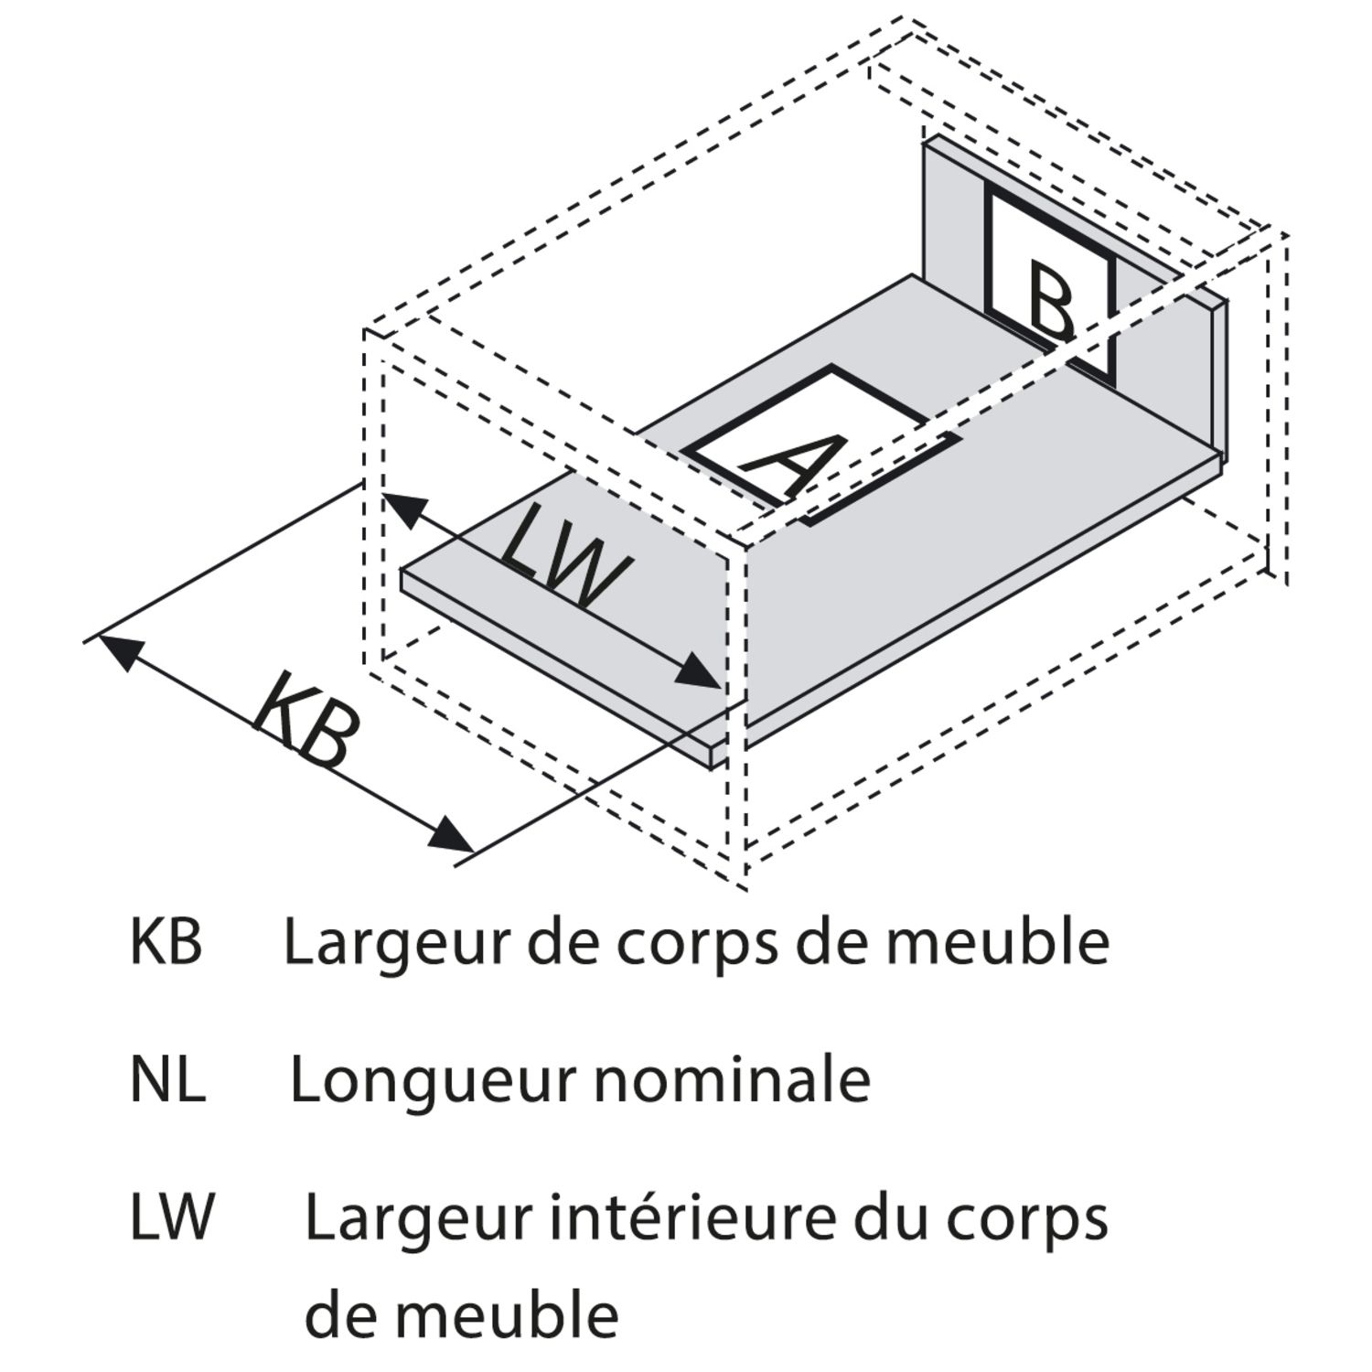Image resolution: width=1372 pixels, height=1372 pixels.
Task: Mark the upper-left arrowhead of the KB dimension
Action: [x=119, y=649]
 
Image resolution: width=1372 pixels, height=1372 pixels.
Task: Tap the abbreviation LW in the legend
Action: [x=172, y=1218]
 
